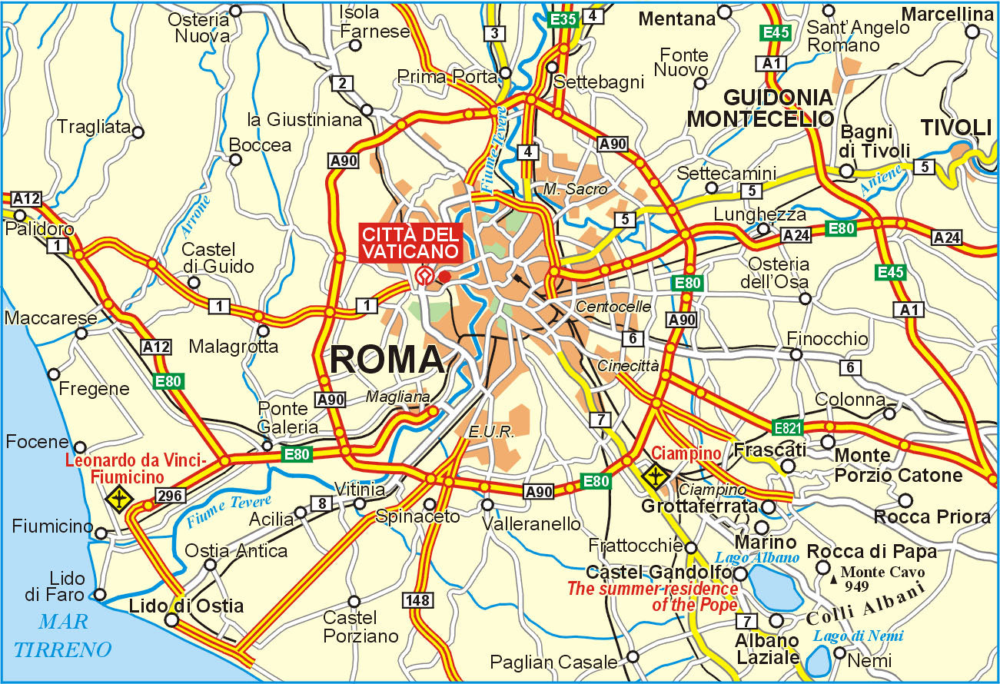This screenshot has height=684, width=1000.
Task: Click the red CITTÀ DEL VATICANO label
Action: (410, 242)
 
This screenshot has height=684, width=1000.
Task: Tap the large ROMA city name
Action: (388, 360)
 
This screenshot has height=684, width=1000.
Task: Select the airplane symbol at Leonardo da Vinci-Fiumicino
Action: (120, 499)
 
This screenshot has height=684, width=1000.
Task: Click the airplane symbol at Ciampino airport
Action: (656, 476)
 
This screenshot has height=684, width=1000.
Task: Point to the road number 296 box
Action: (168, 496)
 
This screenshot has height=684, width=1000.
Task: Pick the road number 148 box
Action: (421, 600)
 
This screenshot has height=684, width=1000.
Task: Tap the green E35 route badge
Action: (563, 19)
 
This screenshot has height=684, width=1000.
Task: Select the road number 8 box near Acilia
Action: (321, 504)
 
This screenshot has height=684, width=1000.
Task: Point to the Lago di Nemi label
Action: (859, 636)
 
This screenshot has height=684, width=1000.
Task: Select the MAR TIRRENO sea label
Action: (63, 636)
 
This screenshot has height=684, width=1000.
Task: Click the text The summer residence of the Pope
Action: (652, 597)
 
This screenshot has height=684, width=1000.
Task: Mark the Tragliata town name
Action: (94, 128)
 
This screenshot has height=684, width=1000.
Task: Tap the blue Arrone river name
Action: (196, 216)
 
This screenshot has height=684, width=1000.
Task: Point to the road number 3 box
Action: (495, 33)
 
